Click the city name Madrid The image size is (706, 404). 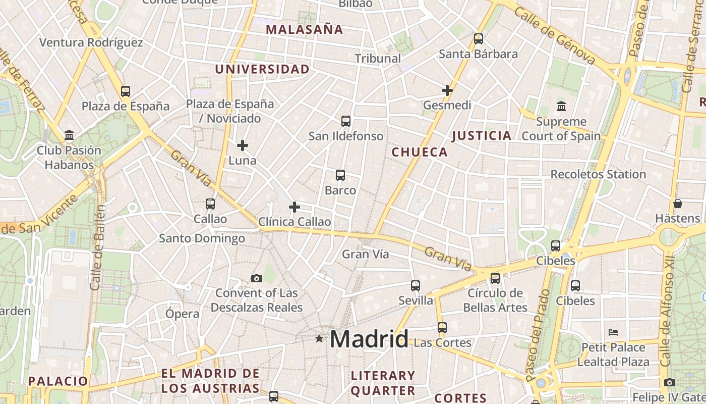pyautogui.click(x=369, y=339)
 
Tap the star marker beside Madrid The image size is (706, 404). pyautogui.click(x=319, y=338)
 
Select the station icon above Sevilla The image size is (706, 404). pyautogui.click(x=415, y=286)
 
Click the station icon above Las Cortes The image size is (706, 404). pyautogui.click(x=442, y=328)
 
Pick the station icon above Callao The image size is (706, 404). pyautogui.click(x=210, y=204)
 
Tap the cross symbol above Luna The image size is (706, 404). pyautogui.click(x=243, y=145)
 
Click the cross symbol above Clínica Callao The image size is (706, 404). pyautogui.click(x=295, y=207)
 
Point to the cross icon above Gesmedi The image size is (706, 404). pyautogui.click(x=447, y=90)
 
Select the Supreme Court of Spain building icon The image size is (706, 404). pyautogui.click(x=561, y=107)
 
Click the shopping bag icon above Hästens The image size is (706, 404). pyautogui.click(x=678, y=204)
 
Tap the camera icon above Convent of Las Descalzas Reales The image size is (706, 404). pyautogui.click(x=257, y=278)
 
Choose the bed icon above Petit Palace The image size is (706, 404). pyautogui.click(x=613, y=332)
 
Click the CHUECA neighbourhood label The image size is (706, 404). pyautogui.click(x=420, y=152)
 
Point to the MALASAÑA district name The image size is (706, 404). pyautogui.click(x=305, y=29)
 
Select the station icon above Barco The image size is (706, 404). pyautogui.click(x=340, y=175)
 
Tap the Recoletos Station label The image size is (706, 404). pyautogui.click(x=598, y=174)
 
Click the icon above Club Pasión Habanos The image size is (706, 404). pyautogui.click(x=69, y=135)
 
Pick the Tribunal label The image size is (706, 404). pyautogui.click(x=378, y=58)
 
